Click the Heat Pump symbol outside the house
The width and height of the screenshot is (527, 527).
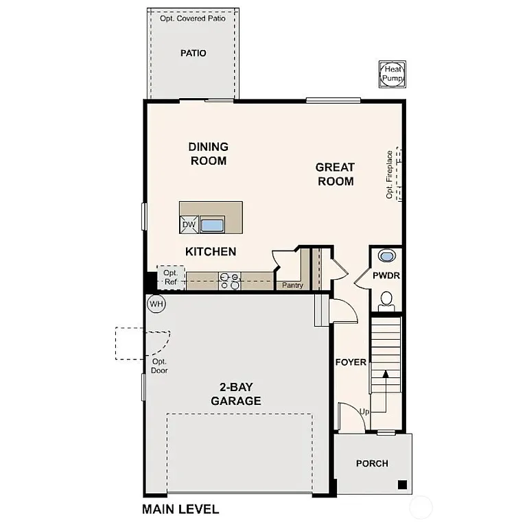click(393, 75)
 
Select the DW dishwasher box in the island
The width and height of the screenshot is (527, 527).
click(189, 224)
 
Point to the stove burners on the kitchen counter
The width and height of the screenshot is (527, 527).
click(229, 279)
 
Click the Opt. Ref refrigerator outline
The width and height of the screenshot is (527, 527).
click(170, 277)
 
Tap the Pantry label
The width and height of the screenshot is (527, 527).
click(293, 285)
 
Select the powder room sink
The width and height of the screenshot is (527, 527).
click(387, 257)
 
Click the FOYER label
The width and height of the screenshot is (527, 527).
click(351, 362)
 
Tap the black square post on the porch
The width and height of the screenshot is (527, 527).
click(402, 485)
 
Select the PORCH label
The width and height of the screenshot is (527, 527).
click(372, 464)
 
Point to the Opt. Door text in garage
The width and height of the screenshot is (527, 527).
click(159, 366)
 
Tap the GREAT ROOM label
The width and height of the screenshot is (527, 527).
click(335, 174)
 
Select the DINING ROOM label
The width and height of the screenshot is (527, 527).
click(208, 154)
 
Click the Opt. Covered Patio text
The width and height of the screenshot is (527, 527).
click(193, 19)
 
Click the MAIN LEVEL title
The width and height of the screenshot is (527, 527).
click(180, 509)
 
